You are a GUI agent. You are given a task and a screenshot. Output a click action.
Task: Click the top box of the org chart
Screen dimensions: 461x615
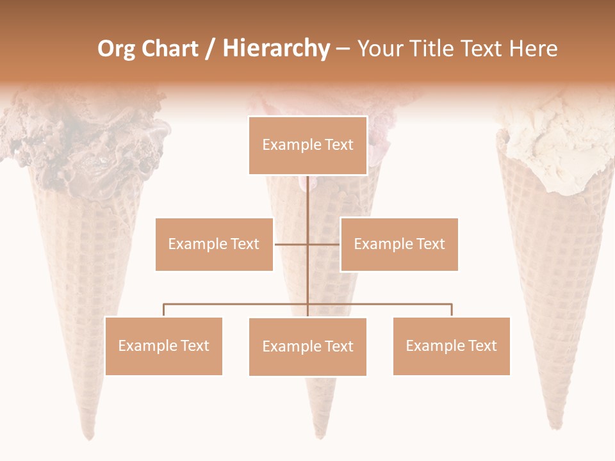(x=307, y=145)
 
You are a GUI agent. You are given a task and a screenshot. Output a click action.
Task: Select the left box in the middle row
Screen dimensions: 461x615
(x=214, y=244)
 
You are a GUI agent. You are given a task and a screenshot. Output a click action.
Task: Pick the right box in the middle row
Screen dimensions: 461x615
(x=399, y=244)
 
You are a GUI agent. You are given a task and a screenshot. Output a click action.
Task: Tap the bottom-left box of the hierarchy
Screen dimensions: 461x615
(x=163, y=346)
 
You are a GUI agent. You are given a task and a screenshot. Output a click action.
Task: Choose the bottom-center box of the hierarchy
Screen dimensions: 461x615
(x=307, y=346)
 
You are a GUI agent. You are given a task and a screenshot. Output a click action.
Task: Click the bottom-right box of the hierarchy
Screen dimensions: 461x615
(x=451, y=346)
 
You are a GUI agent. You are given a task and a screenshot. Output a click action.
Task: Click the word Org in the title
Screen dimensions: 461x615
(x=116, y=49)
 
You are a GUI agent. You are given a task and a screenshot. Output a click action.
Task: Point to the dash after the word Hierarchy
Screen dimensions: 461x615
(x=343, y=49)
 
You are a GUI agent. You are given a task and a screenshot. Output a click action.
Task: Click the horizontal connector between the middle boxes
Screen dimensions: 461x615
(x=291, y=244)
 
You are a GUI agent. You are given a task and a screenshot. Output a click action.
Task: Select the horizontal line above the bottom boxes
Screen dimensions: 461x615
(x=237, y=304)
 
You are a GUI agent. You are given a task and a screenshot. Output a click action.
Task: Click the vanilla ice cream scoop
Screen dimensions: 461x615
(x=554, y=144)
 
